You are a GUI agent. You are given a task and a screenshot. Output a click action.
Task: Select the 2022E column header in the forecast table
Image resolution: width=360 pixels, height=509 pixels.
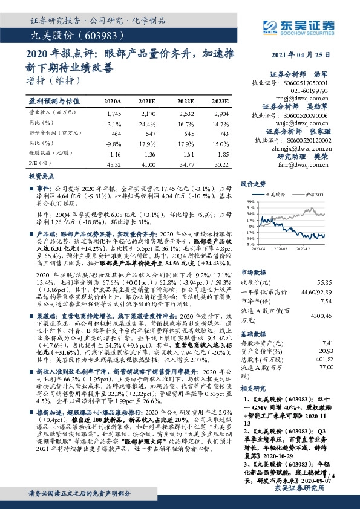186,102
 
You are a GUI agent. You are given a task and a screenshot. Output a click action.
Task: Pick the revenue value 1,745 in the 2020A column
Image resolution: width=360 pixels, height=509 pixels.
114,114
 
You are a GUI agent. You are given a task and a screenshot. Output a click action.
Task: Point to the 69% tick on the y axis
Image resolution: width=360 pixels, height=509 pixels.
249,202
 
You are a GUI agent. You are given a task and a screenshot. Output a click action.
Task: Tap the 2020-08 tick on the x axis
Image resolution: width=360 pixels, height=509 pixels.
280,248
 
